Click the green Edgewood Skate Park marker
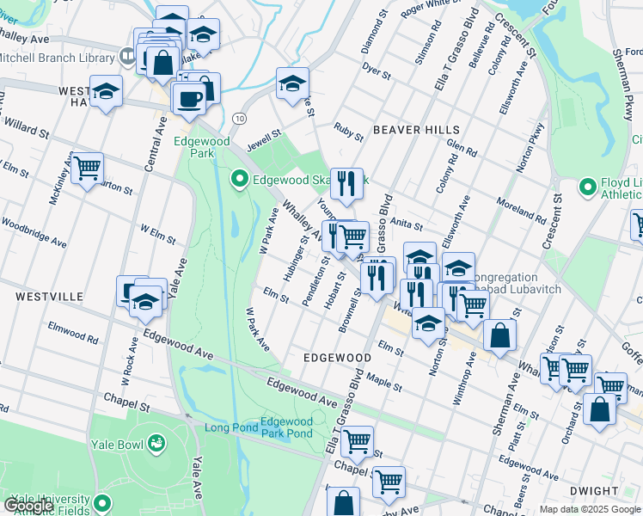click(x=240, y=180)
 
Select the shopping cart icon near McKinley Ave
click(x=87, y=169)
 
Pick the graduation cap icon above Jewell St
click(x=292, y=85)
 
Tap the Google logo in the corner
click(x=29, y=506)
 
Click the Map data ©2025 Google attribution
click(x=589, y=509)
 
